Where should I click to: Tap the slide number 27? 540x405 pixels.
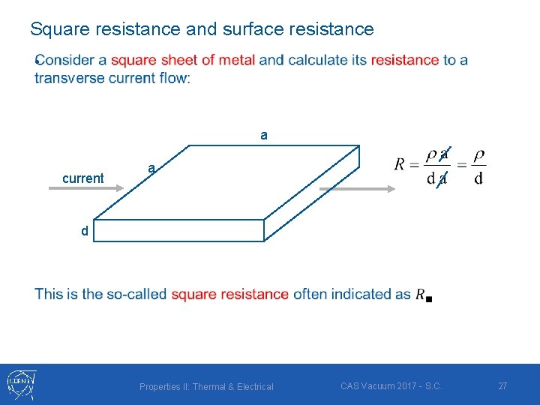pyautogui.click(x=502, y=385)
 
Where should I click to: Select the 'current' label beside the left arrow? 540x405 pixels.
pyautogui.click(x=82, y=178)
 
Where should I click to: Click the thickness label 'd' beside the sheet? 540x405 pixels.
pyautogui.click(x=85, y=232)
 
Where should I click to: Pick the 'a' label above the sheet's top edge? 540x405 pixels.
pyautogui.click(x=263, y=136)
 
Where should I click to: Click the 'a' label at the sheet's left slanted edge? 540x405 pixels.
pyautogui.click(x=151, y=169)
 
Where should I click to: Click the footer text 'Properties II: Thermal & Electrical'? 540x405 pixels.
pyautogui.click(x=206, y=387)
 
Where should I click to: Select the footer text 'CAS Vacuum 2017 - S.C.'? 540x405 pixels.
pyautogui.click(x=391, y=386)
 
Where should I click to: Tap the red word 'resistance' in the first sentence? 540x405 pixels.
pyautogui.click(x=405, y=60)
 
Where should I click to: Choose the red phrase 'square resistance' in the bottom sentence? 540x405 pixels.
pyautogui.click(x=229, y=294)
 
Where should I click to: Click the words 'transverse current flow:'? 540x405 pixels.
pyautogui.click(x=112, y=78)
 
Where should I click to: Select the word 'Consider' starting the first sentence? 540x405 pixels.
pyautogui.click(x=64, y=60)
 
